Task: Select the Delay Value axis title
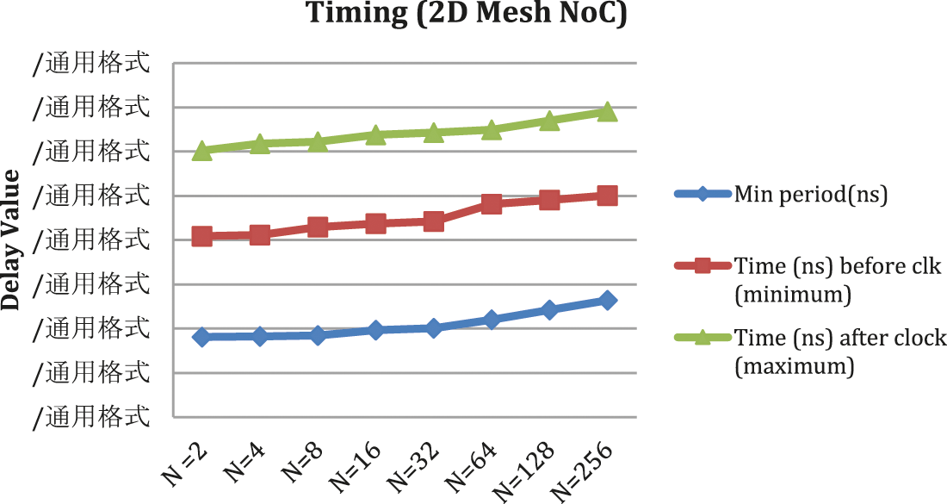11,240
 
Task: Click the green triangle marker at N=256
607,112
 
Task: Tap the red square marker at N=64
492,204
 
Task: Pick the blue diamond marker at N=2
202,337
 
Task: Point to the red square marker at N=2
202,236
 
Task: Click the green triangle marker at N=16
375,134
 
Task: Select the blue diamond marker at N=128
549,309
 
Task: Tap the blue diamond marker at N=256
607,300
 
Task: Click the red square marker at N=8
318,227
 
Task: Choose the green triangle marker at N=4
260,143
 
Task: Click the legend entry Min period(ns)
810,194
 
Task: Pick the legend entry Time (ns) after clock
840,337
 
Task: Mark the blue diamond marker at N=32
433,327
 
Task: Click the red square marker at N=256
607,196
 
